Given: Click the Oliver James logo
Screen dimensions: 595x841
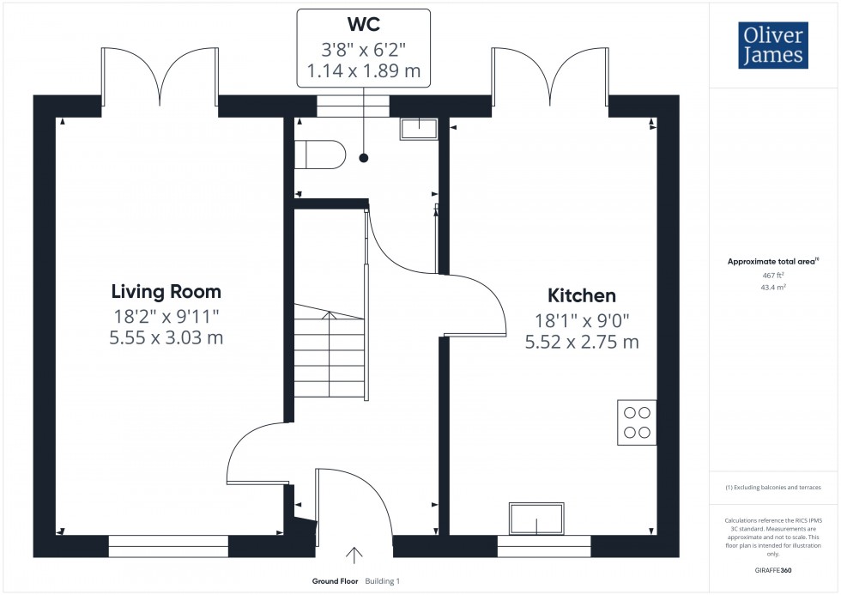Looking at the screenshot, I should tap(774, 46).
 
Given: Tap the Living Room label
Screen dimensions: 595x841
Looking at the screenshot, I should tap(166, 291).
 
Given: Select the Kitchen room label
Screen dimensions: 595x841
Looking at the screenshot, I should tap(582, 295).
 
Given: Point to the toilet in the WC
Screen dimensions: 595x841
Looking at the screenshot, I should tap(320, 155).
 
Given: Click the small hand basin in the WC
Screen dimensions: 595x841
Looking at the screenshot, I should tap(418, 129).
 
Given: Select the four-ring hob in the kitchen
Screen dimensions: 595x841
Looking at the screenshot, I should tap(637, 422).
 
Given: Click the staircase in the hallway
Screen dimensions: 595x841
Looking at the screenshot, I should tap(330, 352).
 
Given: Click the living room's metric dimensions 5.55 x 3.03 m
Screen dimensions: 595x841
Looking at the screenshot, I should tap(166, 337).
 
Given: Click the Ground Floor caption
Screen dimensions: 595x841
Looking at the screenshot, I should tap(336, 581).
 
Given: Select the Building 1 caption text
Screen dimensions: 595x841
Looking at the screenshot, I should tap(383, 581).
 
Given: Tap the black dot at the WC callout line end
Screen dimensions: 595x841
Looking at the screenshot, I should tap(364, 158).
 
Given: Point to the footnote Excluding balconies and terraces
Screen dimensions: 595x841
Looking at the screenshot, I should tap(773, 488).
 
